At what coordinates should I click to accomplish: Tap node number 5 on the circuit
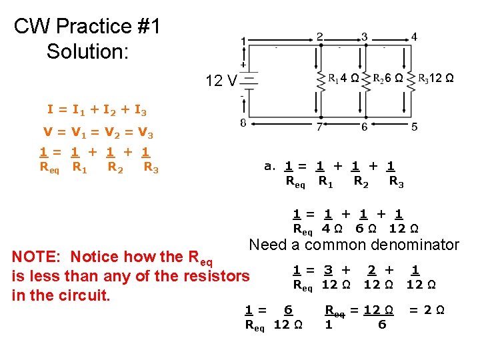(x=415, y=126)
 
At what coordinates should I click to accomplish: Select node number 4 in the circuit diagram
(x=414, y=37)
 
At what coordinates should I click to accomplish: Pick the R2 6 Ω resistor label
(x=387, y=78)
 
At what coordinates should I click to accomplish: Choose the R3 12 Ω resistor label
(x=436, y=78)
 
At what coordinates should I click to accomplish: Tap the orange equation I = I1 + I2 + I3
(x=97, y=109)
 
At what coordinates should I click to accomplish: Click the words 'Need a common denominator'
(x=354, y=245)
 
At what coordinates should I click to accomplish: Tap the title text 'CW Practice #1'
(x=87, y=27)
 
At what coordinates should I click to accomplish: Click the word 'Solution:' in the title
(x=87, y=51)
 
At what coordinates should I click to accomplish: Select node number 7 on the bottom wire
(x=321, y=126)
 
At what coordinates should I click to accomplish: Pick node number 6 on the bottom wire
(x=364, y=126)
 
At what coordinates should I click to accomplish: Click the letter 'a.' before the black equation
(x=270, y=166)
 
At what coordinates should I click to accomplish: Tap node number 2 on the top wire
(x=320, y=36)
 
